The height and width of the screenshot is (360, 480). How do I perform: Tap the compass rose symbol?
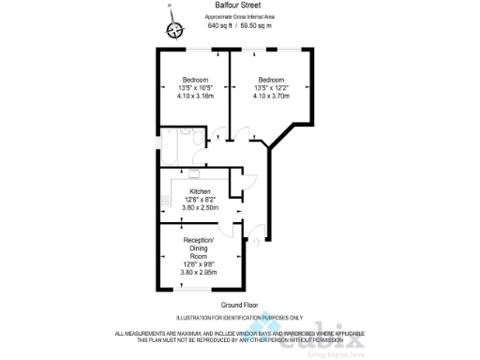tap(173, 30)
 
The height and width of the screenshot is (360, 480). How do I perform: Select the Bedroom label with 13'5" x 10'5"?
tap(195, 79)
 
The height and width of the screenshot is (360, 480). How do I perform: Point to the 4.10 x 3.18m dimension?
tap(195, 95)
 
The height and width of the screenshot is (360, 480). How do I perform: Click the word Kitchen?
tap(200, 191)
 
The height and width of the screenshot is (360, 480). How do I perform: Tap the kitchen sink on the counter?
tap(194, 172)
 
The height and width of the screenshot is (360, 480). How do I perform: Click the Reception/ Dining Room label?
tap(195, 247)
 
